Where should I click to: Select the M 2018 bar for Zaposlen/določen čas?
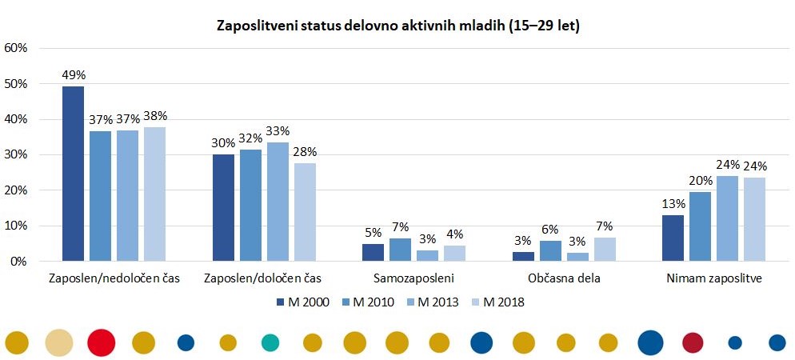pyautogui.click(x=305, y=212)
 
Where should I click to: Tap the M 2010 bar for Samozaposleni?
pyautogui.click(x=400, y=250)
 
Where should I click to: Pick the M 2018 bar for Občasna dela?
pyautogui.click(x=605, y=249)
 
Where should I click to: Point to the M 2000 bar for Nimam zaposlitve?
pyautogui.click(x=673, y=238)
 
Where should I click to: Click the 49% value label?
pyautogui.click(x=73, y=75)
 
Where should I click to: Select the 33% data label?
pyautogui.click(x=278, y=131)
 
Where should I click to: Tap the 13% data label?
pyautogui.click(x=673, y=204)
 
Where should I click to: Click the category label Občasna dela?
pyautogui.click(x=564, y=279)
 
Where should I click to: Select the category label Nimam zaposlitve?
pyautogui.click(x=714, y=279)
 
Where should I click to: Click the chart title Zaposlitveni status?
pyautogui.click(x=398, y=26)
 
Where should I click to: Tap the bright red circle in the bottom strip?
pyautogui.click(x=102, y=342)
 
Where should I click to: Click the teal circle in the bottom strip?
pyautogui.click(x=270, y=342)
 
